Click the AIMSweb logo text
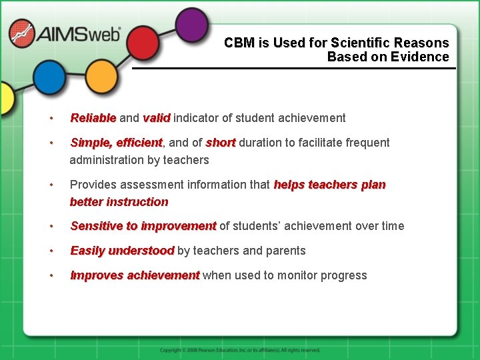click(79, 35)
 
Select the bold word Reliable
click(93, 118)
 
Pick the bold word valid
click(157, 118)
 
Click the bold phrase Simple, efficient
click(116, 143)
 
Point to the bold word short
click(221, 143)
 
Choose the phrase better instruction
click(119, 202)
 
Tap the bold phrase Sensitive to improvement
click(143, 226)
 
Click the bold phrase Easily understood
click(122, 251)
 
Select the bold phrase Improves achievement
click(135, 275)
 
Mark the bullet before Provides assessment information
click(51, 185)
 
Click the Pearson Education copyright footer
click(240, 350)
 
